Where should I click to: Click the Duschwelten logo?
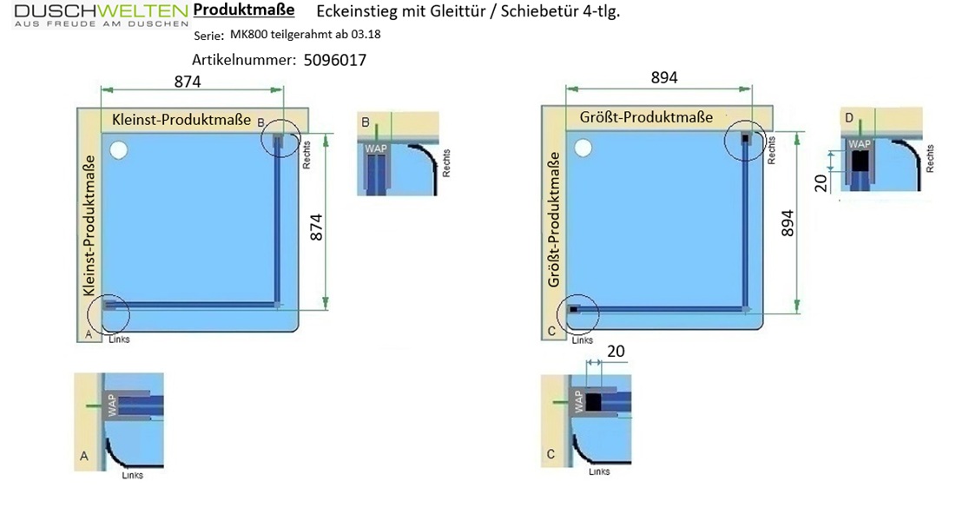coord(101,15)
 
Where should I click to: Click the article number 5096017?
coord(335,60)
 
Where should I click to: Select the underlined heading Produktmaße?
coord(244,10)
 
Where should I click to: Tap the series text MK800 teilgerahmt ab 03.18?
coord(306,34)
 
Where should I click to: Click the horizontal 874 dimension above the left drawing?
coord(188,82)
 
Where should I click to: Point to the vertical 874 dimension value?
coord(316,227)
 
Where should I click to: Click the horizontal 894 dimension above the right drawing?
coord(664,77)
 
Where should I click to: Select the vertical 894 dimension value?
coord(788,223)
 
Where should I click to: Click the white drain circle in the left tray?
coord(118,150)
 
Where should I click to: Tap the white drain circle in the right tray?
coord(583,148)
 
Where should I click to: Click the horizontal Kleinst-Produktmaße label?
coord(181,119)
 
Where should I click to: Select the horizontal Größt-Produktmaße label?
coord(646,116)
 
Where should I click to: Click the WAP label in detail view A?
coord(112,405)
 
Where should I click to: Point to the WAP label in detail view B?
coord(376,148)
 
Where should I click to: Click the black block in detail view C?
coord(593,403)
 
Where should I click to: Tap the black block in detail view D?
coord(860,161)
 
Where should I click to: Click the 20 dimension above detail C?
coord(616,351)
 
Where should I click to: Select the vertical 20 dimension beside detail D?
coord(821,183)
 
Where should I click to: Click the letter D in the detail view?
coord(849,118)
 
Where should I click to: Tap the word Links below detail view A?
coord(132,475)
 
